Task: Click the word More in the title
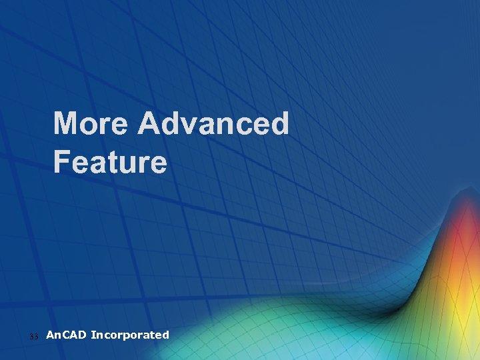[91, 124]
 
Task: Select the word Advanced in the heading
[213, 124]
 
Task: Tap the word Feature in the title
[110, 162]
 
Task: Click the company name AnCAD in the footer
[66, 335]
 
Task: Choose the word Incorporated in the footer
[130, 335]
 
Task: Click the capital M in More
[67, 124]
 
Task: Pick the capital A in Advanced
[150, 124]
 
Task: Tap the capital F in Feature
[62, 162]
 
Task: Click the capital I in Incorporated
[93, 335]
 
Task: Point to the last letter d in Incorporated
[166, 335]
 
